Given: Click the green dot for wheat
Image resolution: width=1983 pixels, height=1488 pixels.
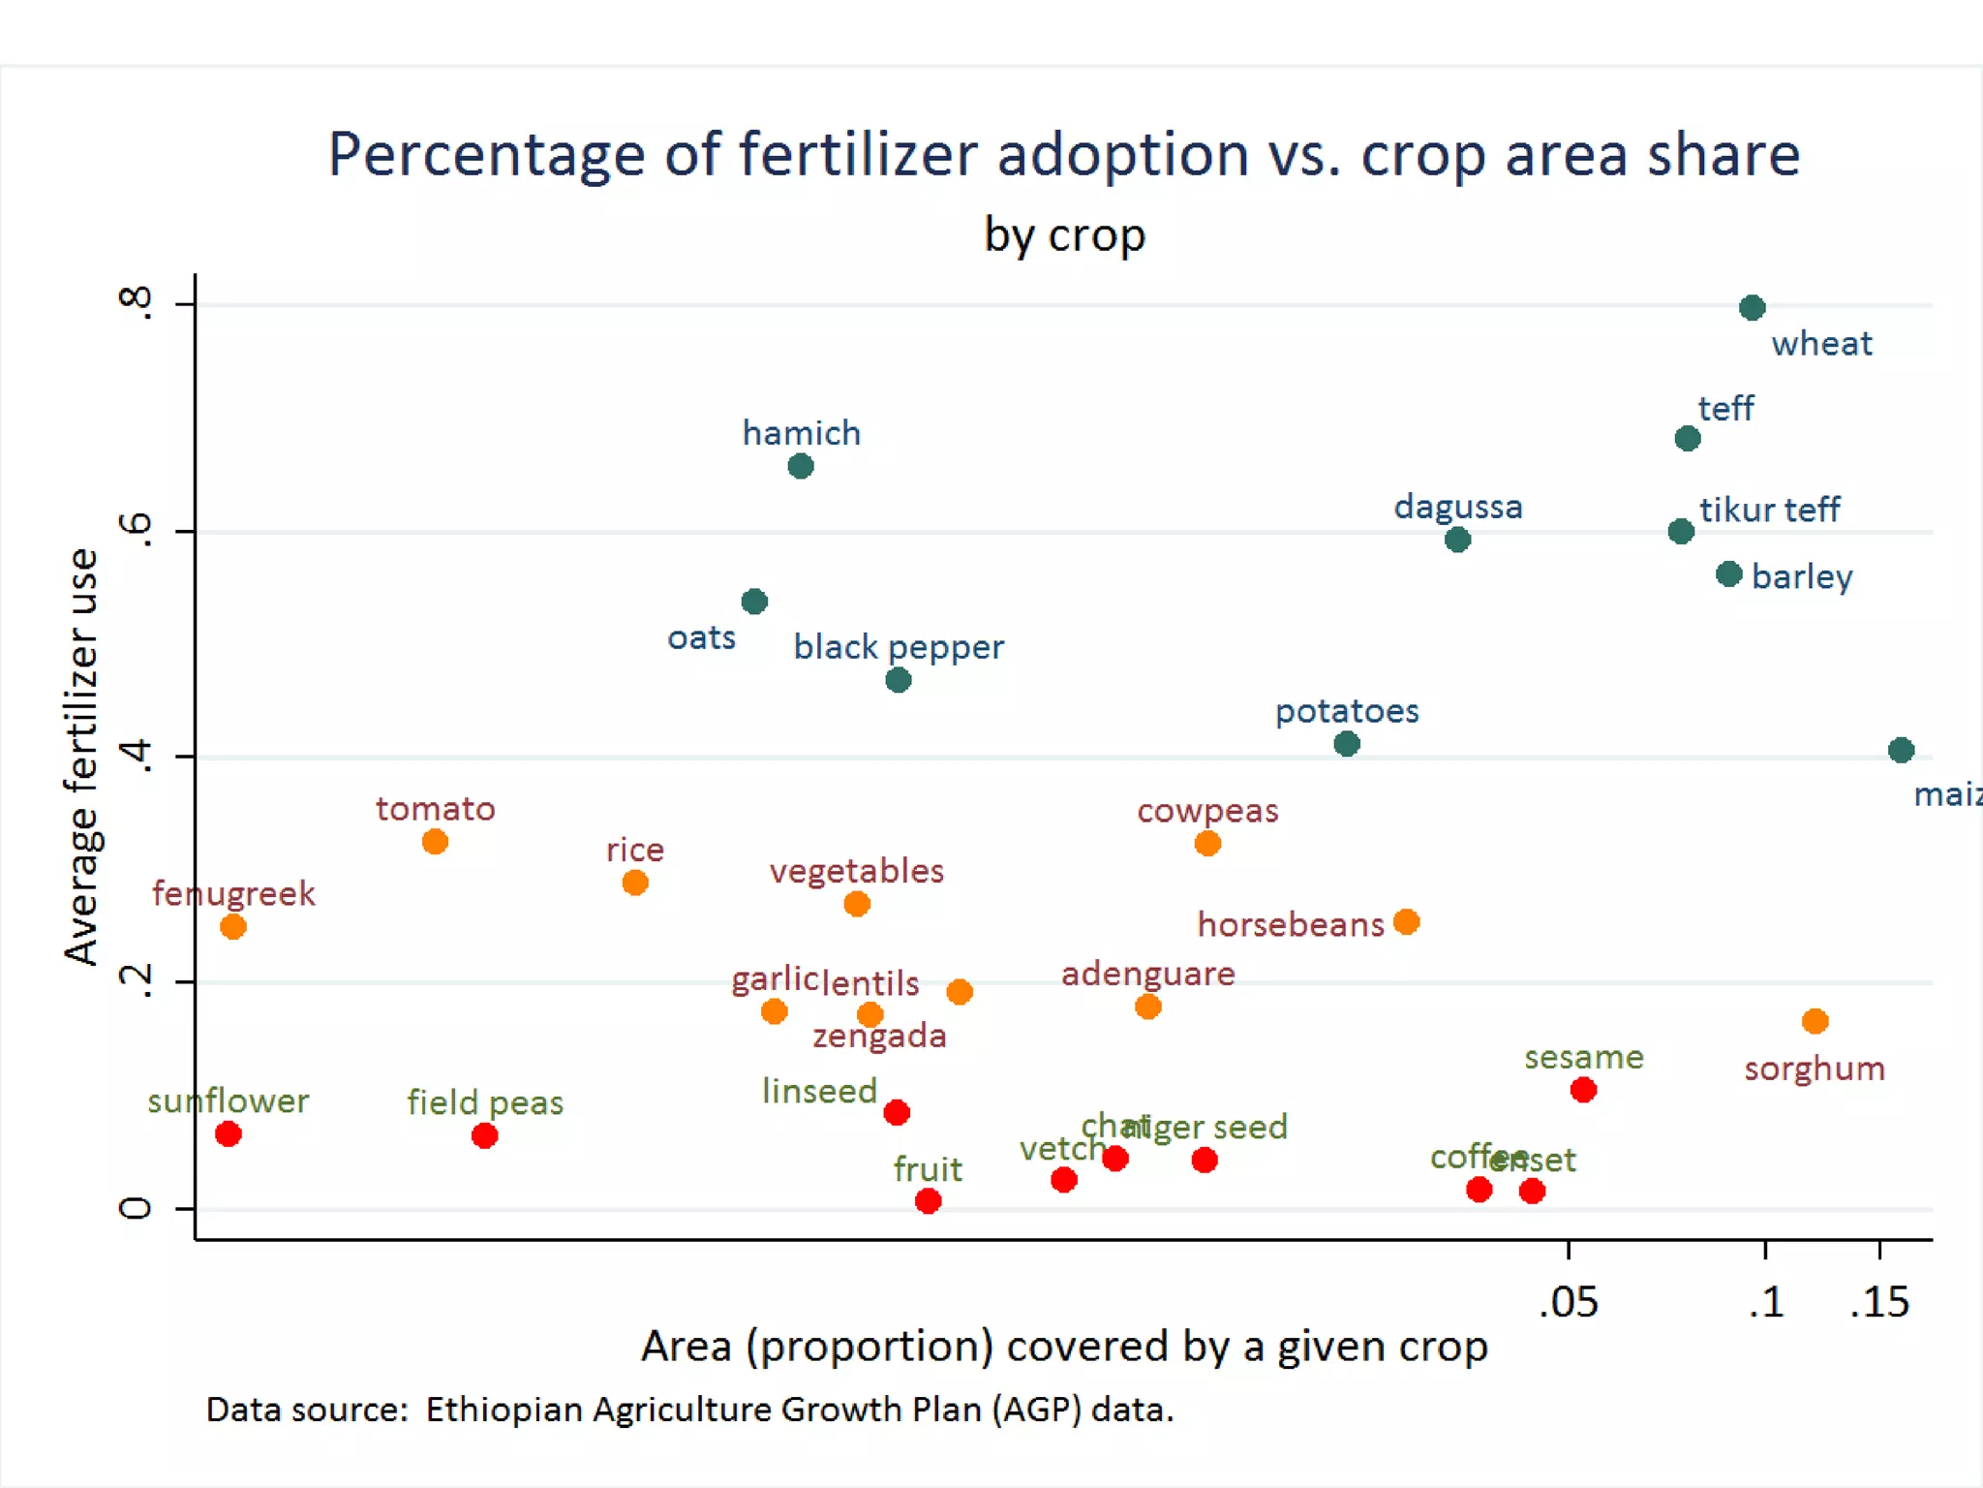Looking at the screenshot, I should pos(1752,308).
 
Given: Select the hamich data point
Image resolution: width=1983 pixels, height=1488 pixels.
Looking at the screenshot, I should pos(801,467).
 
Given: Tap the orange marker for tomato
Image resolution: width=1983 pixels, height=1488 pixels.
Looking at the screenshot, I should pos(435,842).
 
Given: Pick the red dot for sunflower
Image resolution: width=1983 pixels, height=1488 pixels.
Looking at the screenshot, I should pos(229,1134).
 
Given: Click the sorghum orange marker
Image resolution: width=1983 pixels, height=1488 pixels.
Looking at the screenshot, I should pos(1815,1021).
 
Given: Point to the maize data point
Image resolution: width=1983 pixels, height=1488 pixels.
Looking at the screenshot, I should pos(1901,750).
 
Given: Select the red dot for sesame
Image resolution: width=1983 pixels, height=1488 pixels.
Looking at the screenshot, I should pos(1583,1090).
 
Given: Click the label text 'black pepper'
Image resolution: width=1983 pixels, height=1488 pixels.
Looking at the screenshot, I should pos(899,646).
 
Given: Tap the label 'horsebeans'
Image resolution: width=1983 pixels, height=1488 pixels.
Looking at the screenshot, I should pos(1291,924).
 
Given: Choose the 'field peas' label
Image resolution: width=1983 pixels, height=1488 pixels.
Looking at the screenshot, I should pos(485,1102).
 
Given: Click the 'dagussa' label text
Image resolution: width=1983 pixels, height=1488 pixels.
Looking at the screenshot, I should pos(1458,507).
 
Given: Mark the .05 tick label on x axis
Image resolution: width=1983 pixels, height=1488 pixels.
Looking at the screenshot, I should pos(1569,1302).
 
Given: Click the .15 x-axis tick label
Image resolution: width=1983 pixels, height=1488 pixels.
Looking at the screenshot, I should pos(1879,1302).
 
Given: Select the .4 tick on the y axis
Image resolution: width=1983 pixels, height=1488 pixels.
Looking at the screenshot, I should pos(136,757).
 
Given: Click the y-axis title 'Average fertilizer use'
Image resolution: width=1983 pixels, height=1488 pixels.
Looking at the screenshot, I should pos(81,756).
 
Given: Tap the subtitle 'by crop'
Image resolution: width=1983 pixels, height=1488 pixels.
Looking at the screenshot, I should pos(1064,235).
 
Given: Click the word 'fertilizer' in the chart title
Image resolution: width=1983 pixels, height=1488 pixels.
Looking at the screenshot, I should pos(858,155).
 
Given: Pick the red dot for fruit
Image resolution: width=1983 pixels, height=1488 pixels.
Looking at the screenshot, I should pos(928,1201).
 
